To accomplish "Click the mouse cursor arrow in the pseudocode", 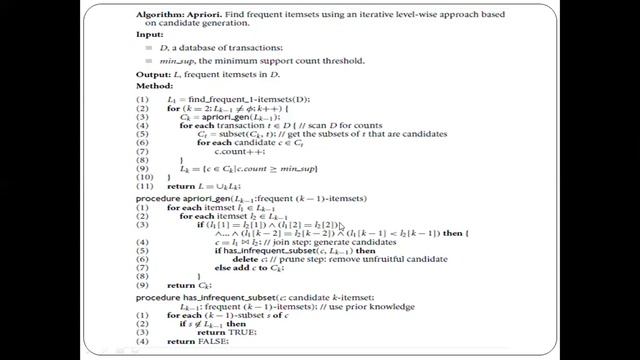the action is coord(340,229).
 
